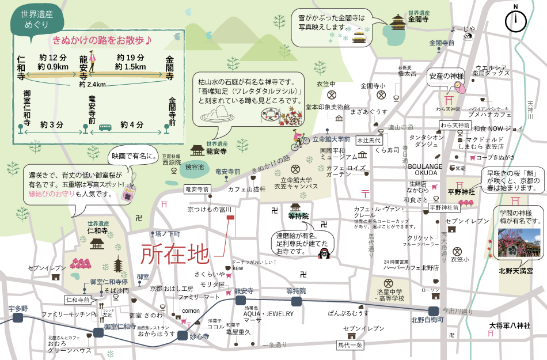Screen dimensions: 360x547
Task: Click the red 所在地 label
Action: click(x=175, y=253)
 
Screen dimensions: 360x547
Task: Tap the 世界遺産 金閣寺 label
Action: click(x=418, y=17)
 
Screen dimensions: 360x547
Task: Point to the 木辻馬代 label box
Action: click(x=369, y=140)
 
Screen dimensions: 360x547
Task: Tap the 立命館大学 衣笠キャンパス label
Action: click(x=296, y=183)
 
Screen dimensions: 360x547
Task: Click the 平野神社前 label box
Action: click(x=445, y=207)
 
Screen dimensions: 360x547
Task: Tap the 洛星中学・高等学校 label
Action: click(x=390, y=295)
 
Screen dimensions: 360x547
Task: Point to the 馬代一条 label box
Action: click(x=350, y=345)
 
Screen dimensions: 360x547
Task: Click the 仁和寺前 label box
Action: click(x=78, y=300)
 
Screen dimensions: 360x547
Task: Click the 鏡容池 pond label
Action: click(x=195, y=167)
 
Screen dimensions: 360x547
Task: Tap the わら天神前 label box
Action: click(x=455, y=125)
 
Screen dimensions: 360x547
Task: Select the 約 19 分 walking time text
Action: click(x=130, y=58)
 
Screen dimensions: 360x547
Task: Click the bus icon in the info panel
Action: click(x=105, y=127)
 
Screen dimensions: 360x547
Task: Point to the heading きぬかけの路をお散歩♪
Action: click(x=102, y=40)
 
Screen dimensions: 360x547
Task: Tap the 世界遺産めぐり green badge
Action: click(x=36, y=20)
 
